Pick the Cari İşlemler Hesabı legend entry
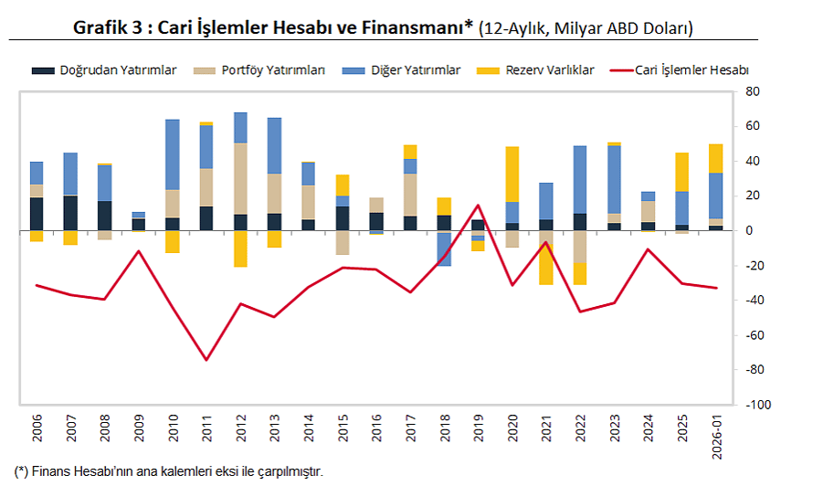coord(692,69)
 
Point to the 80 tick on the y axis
coord(754,91)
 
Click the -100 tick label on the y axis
coord(758,405)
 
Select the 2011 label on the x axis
coord(207,429)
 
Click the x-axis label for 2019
coord(480,429)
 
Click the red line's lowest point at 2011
coord(207,360)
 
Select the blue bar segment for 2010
coord(173,154)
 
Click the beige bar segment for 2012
coord(241,179)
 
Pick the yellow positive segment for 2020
coord(512,174)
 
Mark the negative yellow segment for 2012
coord(241,248)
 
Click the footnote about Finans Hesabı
coord(169,471)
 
